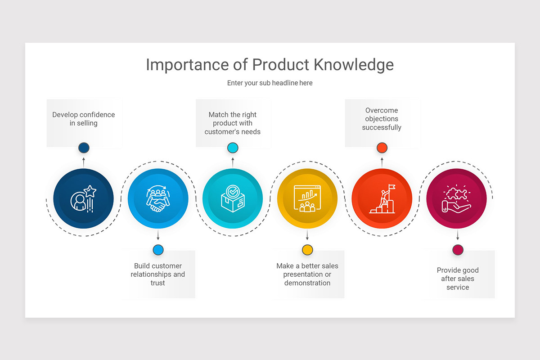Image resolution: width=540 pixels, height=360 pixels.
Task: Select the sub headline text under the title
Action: pos(270,83)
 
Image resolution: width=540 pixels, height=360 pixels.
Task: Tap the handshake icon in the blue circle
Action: pos(158,199)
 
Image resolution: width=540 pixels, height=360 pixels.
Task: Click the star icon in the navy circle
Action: pos(90,191)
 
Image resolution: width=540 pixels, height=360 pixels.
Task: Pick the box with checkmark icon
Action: pos(233,199)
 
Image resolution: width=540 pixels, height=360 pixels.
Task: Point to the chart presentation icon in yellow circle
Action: pos(307,198)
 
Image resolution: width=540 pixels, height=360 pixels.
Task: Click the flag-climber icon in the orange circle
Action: pos(382,199)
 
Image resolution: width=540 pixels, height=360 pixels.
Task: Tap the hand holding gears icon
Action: pos(456,199)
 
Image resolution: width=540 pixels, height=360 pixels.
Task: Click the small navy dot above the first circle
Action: pos(84,148)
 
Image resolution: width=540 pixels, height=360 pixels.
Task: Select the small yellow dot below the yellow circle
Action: pos(307,250)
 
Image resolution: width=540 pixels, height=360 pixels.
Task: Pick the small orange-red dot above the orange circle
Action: pos(382,148)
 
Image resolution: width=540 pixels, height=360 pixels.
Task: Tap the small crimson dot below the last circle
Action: pos(458,250)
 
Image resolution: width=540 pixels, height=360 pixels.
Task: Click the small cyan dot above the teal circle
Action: pos(233,148)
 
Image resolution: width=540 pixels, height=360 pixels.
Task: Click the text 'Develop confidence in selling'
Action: pos(84,119)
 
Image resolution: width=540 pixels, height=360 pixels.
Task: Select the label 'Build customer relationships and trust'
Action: pos(158,274)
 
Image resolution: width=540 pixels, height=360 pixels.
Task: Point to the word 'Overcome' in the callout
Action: pos(382,110)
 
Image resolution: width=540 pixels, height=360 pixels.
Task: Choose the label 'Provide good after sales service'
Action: pos(458,279)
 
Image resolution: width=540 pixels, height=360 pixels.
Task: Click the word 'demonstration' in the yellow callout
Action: pos(307,283)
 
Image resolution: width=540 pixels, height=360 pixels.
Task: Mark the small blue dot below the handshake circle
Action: pos(158,250)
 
